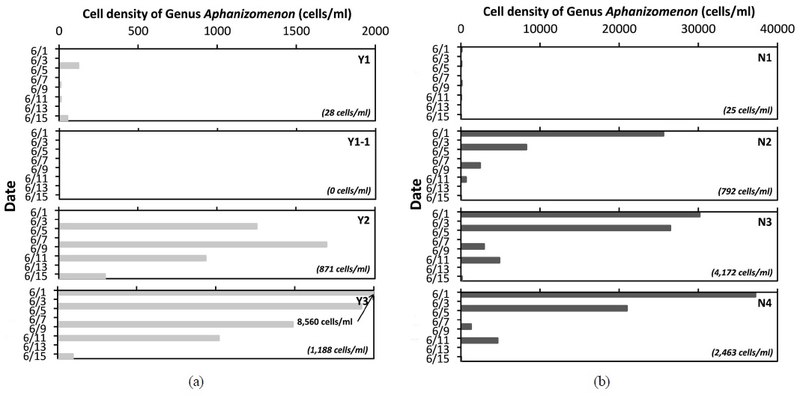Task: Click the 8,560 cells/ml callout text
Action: pyautogui.click(x=324, y=322)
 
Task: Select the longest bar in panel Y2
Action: pyautogui.click(x=193, y=245)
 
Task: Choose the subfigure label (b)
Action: pyautogui.click(x=601, y=382)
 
